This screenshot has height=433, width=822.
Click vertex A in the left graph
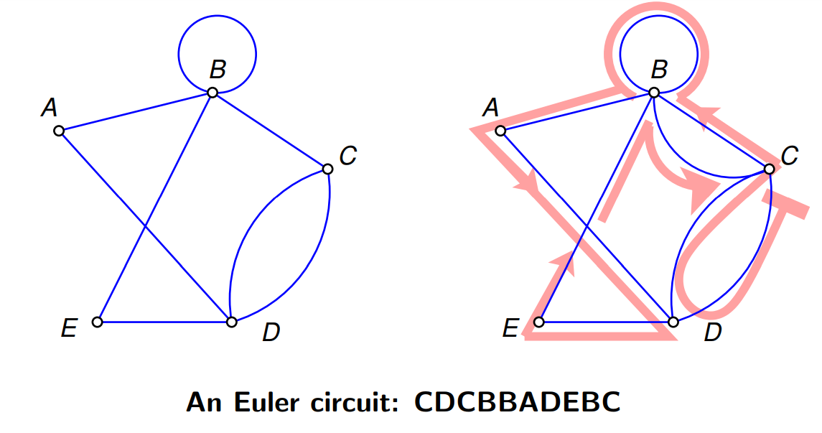coord(60,131)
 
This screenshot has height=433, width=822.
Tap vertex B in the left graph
coord(212,93)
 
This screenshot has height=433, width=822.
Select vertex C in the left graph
coord(327,169)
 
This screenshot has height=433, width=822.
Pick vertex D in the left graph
coord(232,322)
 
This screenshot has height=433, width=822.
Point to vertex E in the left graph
coord(97,322)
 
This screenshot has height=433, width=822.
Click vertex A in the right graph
coord(500,131)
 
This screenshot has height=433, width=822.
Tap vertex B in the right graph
coord(654,93)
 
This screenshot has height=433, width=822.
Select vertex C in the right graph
coord(769,169)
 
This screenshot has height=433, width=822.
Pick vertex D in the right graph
coord(673,322)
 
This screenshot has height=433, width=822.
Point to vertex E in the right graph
coord(539,322)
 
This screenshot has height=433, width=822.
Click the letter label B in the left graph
coord(218,69)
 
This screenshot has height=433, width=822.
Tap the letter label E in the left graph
coord(69,329)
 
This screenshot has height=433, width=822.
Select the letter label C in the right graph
coord(790,156)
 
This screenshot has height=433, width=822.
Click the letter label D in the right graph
coord(713,332)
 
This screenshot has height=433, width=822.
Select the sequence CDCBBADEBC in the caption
coord(518,403)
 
